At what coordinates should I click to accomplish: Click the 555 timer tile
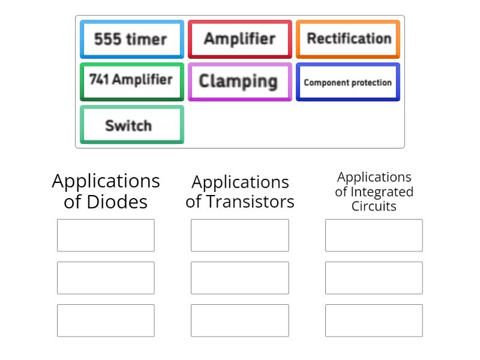(131, 40)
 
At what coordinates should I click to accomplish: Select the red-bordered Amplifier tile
(239, 39)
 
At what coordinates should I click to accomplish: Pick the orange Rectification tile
(348, 39)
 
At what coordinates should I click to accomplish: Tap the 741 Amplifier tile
(131, 81)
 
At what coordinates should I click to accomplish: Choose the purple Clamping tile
(239, 81)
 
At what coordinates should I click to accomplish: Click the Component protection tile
(348, 82)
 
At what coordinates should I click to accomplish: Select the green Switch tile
(131, 125)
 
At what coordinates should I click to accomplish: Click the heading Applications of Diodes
(106, 191)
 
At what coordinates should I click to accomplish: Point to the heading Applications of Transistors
(240, 191)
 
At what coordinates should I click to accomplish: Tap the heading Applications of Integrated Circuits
(374, 191)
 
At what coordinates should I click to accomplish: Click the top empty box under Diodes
(106, 235)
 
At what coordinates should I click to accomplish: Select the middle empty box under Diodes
(106, 278)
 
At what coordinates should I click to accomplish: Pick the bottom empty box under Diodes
(106, 320)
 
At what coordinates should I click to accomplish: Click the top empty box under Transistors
(240, 235)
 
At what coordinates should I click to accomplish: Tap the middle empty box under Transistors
(240, 278)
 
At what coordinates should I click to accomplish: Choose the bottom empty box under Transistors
(240, 320)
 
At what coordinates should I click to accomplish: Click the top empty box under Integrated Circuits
(374, 235)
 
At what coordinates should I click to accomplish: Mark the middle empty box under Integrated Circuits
(374, 278)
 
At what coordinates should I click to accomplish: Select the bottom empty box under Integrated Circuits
(374, 320)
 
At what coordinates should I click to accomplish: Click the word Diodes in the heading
(118, 202)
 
